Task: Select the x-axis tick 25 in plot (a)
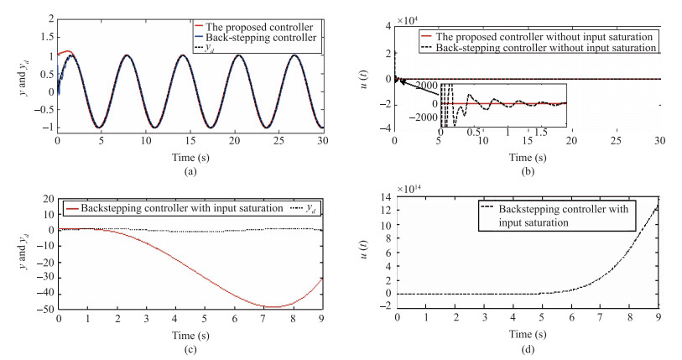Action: tap(275, 138)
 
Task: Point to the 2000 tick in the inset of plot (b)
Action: tap(425, 87)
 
